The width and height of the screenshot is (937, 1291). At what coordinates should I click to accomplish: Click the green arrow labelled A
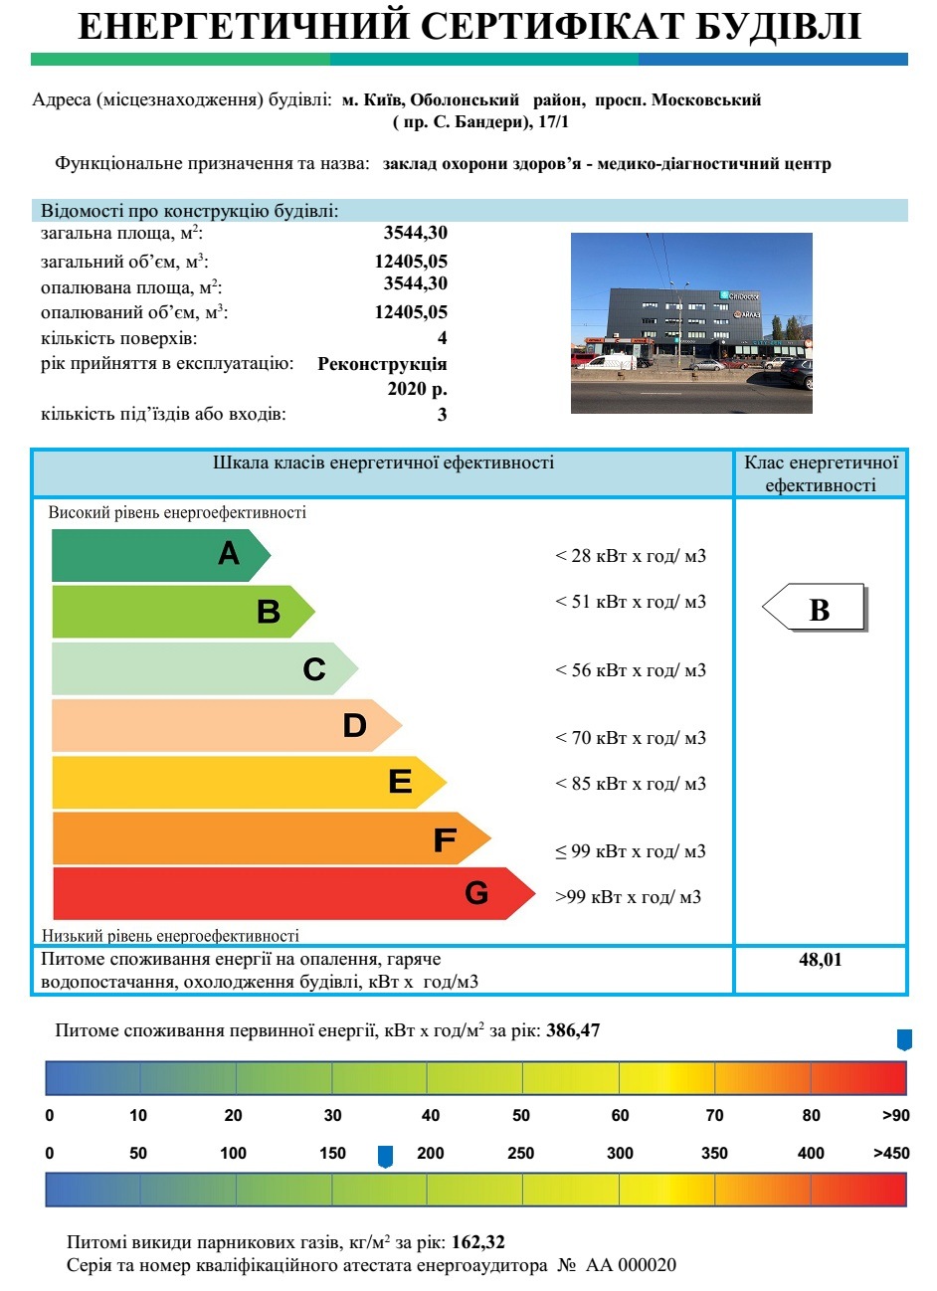pos(159,555)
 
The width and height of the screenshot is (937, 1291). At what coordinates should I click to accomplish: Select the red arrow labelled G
pos(288,893)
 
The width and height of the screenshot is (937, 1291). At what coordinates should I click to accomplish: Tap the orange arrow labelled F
pos(269,838)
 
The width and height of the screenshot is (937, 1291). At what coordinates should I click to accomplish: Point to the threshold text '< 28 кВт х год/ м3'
pos(631,556)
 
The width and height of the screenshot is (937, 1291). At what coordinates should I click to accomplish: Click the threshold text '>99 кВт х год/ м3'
pos(628,897)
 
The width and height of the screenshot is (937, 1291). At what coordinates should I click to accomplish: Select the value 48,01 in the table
pos(820,960)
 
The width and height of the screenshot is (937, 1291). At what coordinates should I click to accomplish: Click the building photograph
pos(691,323)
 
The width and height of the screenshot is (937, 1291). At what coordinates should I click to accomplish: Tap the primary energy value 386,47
pos(573,1030)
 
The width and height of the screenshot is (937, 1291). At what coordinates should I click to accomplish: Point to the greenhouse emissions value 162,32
pos(478,1242)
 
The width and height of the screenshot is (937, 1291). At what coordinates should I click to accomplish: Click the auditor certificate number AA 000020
pos(632,1265)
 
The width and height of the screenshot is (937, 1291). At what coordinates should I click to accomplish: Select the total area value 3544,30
pos(416,233)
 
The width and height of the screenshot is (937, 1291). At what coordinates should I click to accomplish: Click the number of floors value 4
pos(443,338)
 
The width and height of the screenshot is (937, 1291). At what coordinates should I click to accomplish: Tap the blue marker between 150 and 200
pos(386,1156)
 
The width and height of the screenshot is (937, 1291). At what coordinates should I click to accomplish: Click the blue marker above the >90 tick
pos(904,1040)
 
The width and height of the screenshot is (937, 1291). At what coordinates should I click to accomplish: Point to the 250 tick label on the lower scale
pos(520,1154)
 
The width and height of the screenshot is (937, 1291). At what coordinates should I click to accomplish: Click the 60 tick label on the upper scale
pos(620,1116)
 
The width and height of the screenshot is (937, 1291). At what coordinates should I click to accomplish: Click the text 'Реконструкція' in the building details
pos(382,364)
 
